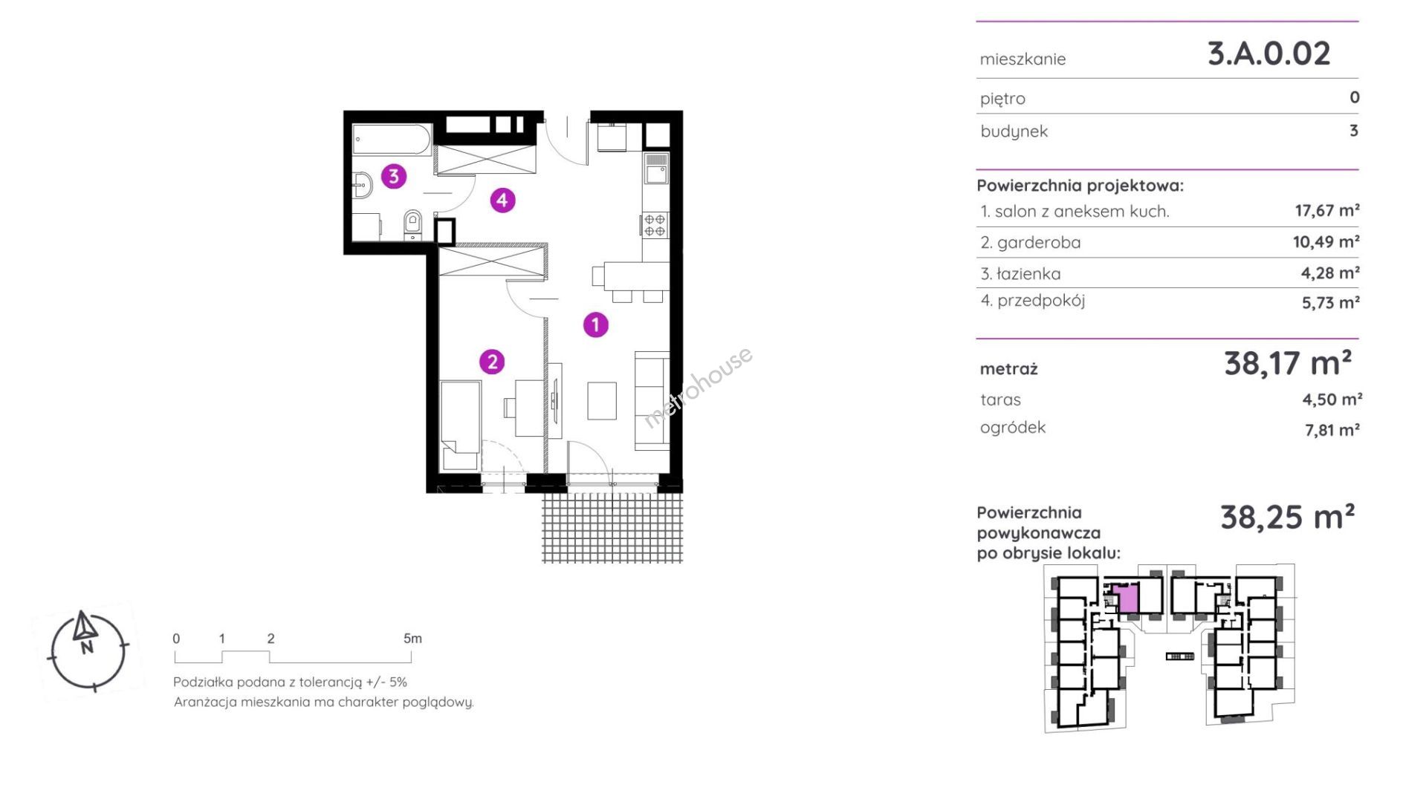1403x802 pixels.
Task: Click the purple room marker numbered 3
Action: (x=394, y=176)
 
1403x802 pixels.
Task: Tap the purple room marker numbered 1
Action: (x=595, y=325)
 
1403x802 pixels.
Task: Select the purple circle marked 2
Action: (x=492, y=362)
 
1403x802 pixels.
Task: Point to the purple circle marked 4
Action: (x=502, y=200)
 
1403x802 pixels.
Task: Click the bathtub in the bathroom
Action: (x=392, y=140)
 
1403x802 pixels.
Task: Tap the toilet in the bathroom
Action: (x=413, y=224)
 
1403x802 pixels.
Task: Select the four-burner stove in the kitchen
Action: (x=655, y=225)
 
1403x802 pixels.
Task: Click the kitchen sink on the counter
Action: (x=656, y=169)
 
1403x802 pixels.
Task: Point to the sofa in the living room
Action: (x=652, y=401)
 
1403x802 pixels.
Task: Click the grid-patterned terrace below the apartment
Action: (x=612, y=528)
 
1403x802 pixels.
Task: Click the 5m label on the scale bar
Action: (x=412, y=639)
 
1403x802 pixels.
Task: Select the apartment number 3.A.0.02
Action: (x=1268, y=53)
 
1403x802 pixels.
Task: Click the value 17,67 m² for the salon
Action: (x=1327, y=210)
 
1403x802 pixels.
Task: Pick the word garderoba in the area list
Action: (x=1039, y=243)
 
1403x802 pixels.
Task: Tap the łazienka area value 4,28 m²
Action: (x=1330, y=273)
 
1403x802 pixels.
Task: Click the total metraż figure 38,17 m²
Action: (x=1288, y=363)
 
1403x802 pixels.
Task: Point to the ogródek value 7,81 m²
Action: (x=1332, y=430)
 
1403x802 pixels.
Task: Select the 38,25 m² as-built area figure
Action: (x=1288, y=517)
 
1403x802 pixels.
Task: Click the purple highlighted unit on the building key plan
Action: (x=1128, y=598)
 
